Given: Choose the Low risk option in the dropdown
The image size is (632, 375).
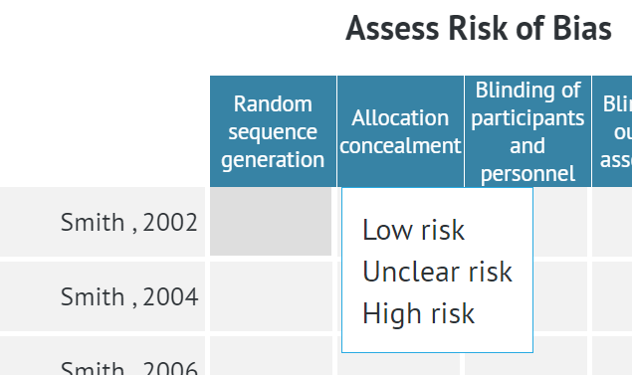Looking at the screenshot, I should click(413, 230).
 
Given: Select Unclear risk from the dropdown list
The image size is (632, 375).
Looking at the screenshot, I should click(437, 272).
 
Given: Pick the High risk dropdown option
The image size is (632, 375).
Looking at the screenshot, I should click(418, 314).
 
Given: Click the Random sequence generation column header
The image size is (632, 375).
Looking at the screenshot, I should click(273, 131).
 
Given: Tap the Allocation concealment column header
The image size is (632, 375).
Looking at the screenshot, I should click(400, 131).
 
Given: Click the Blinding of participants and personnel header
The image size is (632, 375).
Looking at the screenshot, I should click(527, 131).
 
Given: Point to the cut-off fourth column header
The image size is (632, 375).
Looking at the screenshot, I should click(613, 131).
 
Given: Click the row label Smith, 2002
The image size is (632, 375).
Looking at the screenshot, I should click(129, 222).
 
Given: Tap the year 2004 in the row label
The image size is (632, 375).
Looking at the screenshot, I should click(170, 296).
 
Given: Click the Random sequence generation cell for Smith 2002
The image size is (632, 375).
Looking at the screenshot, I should click(271, 222).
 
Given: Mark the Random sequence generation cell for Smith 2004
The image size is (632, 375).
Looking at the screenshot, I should click(271, 296).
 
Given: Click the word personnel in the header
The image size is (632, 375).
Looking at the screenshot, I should click(527, 173).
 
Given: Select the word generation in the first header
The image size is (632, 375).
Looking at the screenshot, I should click(273, 159).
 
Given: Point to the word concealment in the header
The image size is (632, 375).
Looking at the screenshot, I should click(400, 145).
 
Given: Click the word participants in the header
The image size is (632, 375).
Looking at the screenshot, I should click(527, 117).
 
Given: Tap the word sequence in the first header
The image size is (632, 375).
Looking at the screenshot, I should click(273, 131).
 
